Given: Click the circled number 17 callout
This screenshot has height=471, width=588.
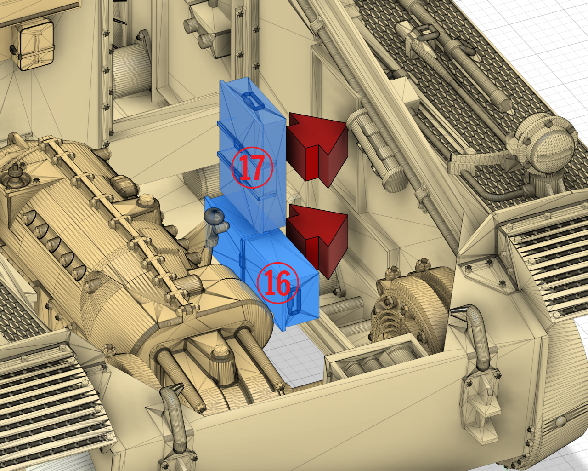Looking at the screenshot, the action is coord(252,167).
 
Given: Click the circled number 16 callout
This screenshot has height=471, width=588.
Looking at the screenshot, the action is coord(277,283).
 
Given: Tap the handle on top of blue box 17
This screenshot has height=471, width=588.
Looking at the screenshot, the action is coord(253,100).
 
